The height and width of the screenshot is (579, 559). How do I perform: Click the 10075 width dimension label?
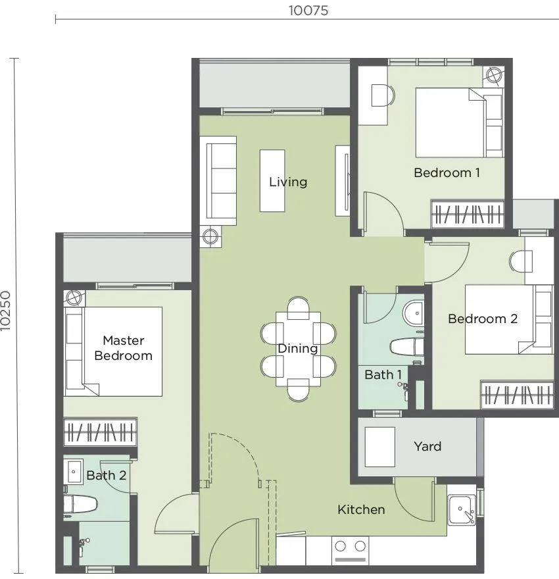[308, 11]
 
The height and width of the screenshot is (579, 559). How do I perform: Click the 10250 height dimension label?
[6, 311]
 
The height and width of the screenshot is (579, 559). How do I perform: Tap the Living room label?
[288, 182]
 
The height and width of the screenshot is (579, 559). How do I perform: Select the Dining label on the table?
[298, 348]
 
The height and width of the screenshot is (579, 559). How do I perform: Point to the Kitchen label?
[361, 509]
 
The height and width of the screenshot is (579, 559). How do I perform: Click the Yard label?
[427, 447]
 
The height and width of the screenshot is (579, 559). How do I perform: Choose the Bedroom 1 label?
[447, 172]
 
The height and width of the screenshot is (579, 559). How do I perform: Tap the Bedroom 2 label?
[483, 318]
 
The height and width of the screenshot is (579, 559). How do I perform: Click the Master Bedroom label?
[123, 348]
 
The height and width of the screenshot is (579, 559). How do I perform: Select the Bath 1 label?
[383, 375]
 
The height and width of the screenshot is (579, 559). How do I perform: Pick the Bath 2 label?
[107, 475]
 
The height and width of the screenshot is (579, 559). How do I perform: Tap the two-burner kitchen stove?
[350, 550]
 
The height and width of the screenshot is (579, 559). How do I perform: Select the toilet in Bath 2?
[80, 505]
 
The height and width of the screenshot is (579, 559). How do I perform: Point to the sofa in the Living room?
[221, 181]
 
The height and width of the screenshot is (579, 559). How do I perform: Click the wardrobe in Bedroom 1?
[468, 214]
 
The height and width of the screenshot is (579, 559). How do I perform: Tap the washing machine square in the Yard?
[379, 447]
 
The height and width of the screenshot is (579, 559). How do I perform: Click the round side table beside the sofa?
[210, 237]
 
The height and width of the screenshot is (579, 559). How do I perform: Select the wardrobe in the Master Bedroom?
[101, 432]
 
